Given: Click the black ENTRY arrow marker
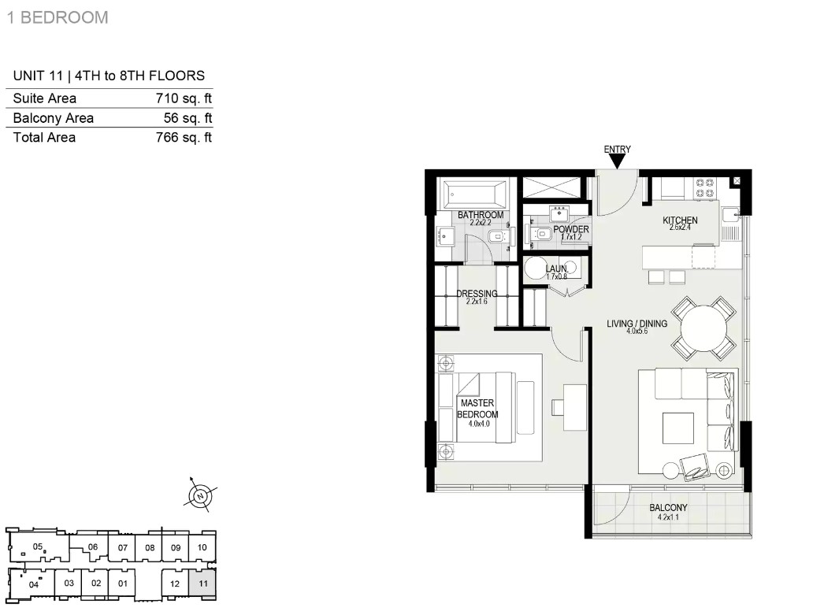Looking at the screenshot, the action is (617, 161).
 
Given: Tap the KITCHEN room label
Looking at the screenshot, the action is (680, 220).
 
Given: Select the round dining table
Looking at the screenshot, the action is (703, 328).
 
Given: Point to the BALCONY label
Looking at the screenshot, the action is (668, 507).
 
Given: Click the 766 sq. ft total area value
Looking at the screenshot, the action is (184, 138).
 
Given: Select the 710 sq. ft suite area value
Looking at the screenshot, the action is (184, 98).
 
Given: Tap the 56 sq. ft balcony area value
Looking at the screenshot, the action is (187, 118).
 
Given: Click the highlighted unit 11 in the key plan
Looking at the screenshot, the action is (202, 584).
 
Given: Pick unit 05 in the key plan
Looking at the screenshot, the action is (38, 546).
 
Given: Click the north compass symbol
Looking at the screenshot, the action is (201, 496).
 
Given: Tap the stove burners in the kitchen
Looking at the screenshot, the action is (704, 187).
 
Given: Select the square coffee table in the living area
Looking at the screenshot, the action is (678, 428).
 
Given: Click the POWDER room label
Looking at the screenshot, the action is (571, 229).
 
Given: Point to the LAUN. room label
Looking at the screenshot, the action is (556, 269).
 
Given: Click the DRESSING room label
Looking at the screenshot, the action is (477, 294).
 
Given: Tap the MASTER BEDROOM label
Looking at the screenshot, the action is (477, 409).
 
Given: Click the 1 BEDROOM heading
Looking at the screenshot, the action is (58, 17).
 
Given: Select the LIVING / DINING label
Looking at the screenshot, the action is (637, 324).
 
